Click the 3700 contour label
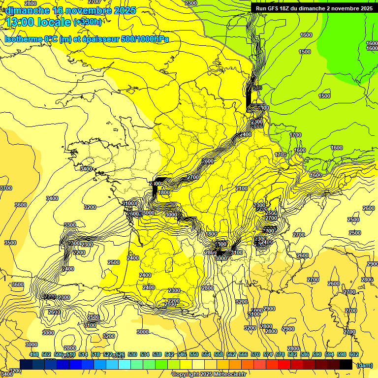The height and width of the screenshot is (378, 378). coord(5,188)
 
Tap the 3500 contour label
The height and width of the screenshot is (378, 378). coord(10,243)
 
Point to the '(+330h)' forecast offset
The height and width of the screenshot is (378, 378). coord(88,22)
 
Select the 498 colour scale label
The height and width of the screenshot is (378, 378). coord(34,354)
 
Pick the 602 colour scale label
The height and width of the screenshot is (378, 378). coord(354,354)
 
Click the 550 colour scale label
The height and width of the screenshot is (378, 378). coord(194,354)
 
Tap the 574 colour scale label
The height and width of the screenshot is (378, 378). coord(268,354)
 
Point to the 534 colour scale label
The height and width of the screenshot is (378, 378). coord(145,354)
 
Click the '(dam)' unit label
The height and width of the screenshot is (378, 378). coord(364,365)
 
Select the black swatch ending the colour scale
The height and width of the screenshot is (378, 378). coord(346,364)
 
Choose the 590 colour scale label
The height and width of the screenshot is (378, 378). coord(317,354)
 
